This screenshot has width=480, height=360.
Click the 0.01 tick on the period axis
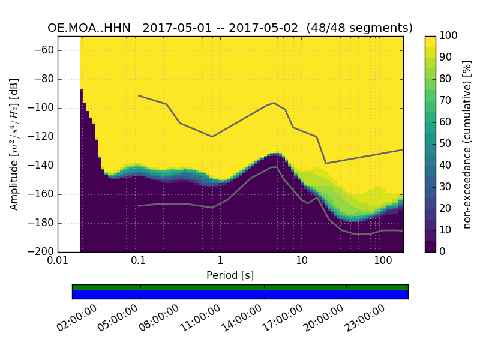[x=58, y=261]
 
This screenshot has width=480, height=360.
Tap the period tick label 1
[x=220, y=261]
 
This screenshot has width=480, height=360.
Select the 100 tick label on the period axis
[x=383, y=261]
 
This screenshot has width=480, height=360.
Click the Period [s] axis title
[x=230, y=275]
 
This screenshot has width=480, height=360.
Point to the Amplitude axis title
[x=14, y=144]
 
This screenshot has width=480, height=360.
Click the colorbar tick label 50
[x=448, y=143]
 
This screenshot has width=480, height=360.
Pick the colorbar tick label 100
[x=451, y=36]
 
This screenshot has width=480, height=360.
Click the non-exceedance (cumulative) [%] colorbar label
[x=469, y=144]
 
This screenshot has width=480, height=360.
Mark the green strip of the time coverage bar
[x=240, y=287]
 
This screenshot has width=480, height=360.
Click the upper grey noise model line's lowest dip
[x=326, y=163]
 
